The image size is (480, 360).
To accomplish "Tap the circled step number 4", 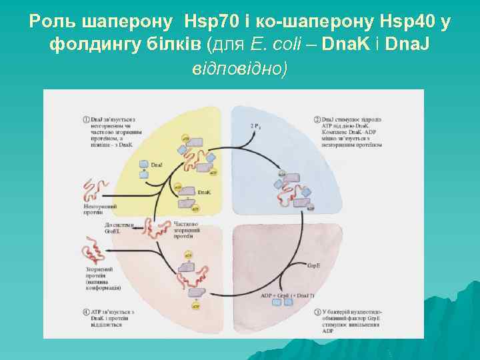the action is point(87,311).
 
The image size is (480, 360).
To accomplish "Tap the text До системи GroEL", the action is point(120,229).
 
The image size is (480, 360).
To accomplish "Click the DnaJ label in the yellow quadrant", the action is point(156,165).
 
